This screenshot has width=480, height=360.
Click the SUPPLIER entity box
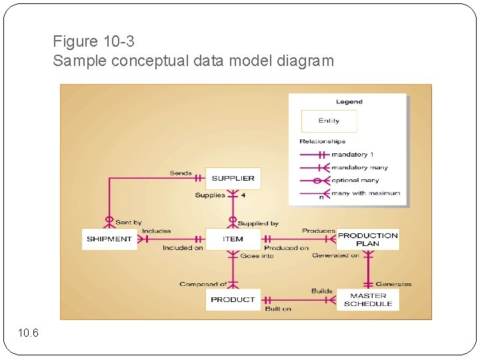coord(233,178)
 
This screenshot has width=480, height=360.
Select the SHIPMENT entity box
coord(109,239)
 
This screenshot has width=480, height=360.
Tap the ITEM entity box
coord(233,239)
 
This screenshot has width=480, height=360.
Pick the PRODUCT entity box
coord(233,299)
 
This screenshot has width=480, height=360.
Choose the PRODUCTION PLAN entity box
coord(367,239)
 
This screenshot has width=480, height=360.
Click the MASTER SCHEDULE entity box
coord(367,299)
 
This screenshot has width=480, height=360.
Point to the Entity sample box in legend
coord(329,121)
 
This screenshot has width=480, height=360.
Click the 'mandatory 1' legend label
coord(353,155)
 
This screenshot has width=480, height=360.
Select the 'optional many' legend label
coord(355,180)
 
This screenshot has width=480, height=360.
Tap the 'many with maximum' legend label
coord(365,193)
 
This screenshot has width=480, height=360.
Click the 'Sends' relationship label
coord(180,173)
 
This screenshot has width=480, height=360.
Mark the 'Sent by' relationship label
coord(128,223)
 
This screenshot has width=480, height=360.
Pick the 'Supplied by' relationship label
coord(258,223)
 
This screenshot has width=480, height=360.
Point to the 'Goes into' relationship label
coord(257,255)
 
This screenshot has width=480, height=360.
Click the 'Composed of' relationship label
coord(203,284)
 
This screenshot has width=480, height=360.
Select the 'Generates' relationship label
coord(393,284)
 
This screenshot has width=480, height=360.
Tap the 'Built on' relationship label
coord(278,309)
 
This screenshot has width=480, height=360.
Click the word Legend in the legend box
coord(349,102)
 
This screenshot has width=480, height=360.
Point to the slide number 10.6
coord(29,333)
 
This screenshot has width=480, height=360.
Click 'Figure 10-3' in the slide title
coord(94,41)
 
